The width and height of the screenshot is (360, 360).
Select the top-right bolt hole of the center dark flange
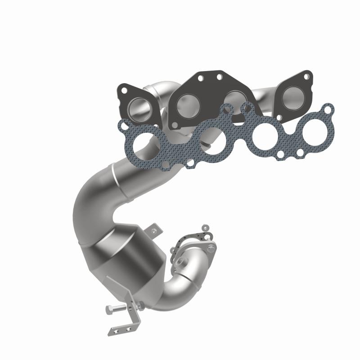click(x=220, y=77)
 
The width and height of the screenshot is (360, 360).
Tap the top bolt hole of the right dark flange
click(x=306, y=77)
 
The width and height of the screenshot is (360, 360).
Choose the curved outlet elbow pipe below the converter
click(x=171, y=295)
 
